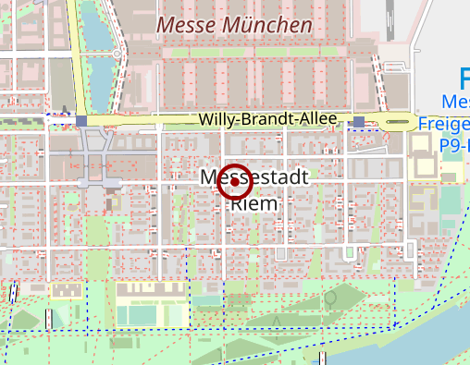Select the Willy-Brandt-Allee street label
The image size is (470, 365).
pyautogui.click(x=268, y=120)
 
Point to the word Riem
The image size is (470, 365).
pyautogui.click(x=254, y=203)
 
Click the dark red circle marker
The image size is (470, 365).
pyautogui.click(x=235, y=182)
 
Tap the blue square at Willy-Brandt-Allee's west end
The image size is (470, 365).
pyautogui.click(x=82, y=121)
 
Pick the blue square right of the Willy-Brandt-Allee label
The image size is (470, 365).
pyautogui.click(x=359, y=121)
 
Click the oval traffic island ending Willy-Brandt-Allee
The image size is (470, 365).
pyautogui.click(x=399, y=121)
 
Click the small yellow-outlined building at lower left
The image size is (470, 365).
pyautogui.click(x=64, y=291)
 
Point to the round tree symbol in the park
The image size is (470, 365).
pyautogui.click(x=330, y=299)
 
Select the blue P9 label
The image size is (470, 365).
pyautogui.click(x=453, y=145)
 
